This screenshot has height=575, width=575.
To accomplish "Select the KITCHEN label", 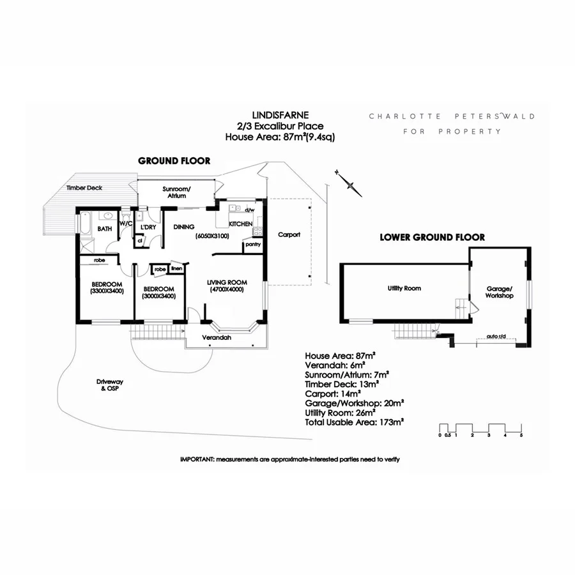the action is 240,224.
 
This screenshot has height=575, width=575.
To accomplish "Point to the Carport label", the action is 289,234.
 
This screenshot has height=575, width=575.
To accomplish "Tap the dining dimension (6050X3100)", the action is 212,236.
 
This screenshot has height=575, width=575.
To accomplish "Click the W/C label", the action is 125,224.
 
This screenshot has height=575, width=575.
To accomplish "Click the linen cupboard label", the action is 177,269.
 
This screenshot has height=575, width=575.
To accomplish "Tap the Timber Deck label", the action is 84,188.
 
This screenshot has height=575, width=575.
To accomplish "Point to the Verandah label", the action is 217,337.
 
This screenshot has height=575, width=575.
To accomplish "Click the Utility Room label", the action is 404,288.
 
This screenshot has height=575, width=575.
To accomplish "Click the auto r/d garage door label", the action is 496,336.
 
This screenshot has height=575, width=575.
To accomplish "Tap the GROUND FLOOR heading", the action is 174,161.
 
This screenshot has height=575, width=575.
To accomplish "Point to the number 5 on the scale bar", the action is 521,435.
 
